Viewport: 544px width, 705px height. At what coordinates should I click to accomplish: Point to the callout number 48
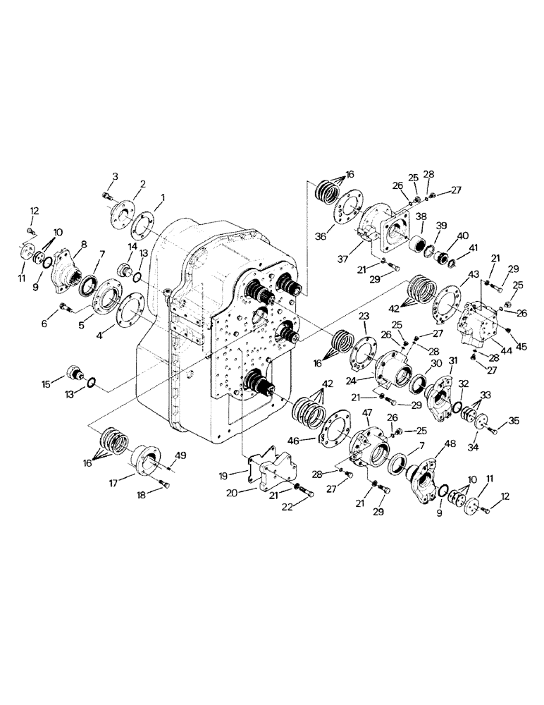(448, 444)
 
